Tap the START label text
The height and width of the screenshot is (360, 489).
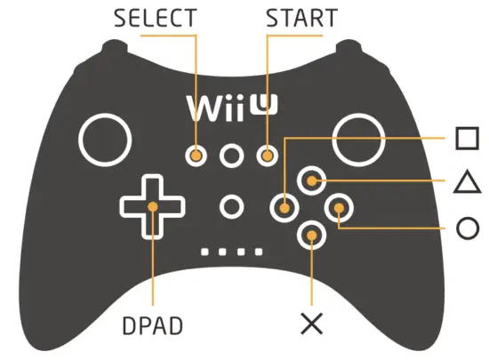301,18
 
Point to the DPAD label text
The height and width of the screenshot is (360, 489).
153,325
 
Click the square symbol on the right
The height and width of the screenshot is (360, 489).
467,140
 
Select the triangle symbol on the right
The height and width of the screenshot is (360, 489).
467,183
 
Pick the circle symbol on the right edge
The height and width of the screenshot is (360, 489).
467,228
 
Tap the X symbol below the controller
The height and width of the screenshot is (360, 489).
312,324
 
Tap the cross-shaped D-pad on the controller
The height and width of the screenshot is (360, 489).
153,207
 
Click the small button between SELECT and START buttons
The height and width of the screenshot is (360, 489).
232,156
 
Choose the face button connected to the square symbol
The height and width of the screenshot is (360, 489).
285,208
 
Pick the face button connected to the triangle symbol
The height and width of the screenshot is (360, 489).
311,181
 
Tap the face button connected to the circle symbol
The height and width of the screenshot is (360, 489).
339,209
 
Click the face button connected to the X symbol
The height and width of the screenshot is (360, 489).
311,235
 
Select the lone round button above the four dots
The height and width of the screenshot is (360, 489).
232,207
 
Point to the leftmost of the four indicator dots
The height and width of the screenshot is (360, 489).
206,252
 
